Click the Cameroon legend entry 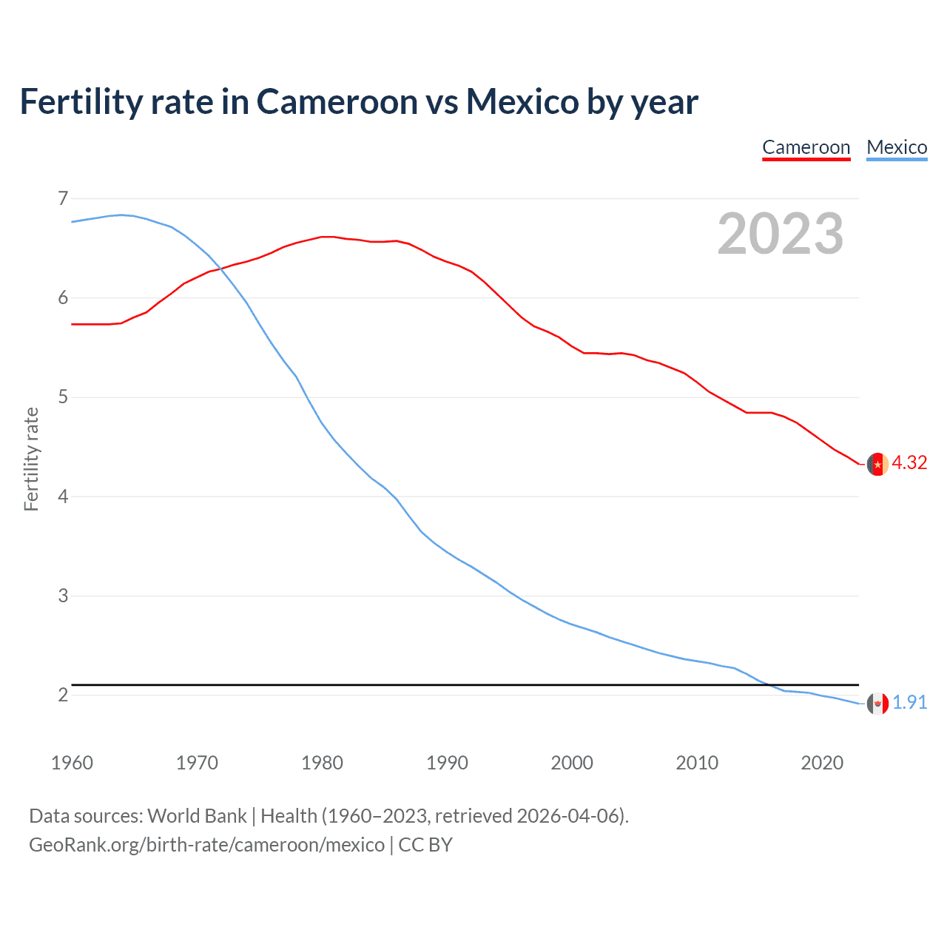tap(806, 147)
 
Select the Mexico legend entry tap(897, 147)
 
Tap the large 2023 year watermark tap(780, 234)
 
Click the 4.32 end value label tap(909, 463)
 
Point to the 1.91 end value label tap(909, 702)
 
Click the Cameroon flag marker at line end tap(877, 464)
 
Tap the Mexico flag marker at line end tap(877, 703)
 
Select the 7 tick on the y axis tap(63, 198)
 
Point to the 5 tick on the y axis tap(63, 397)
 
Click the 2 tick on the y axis tap(63, 695)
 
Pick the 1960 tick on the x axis tap(72, 763)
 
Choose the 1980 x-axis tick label tap(322, 763)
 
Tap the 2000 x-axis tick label tap(572, 763)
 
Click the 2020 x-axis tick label tap(822, 763)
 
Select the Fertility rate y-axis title tap(31, 459)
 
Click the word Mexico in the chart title tap(522, 102)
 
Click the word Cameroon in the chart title tap(337, 102)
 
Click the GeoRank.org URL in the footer tap(206, 845)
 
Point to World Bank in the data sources tap(197, 816)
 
